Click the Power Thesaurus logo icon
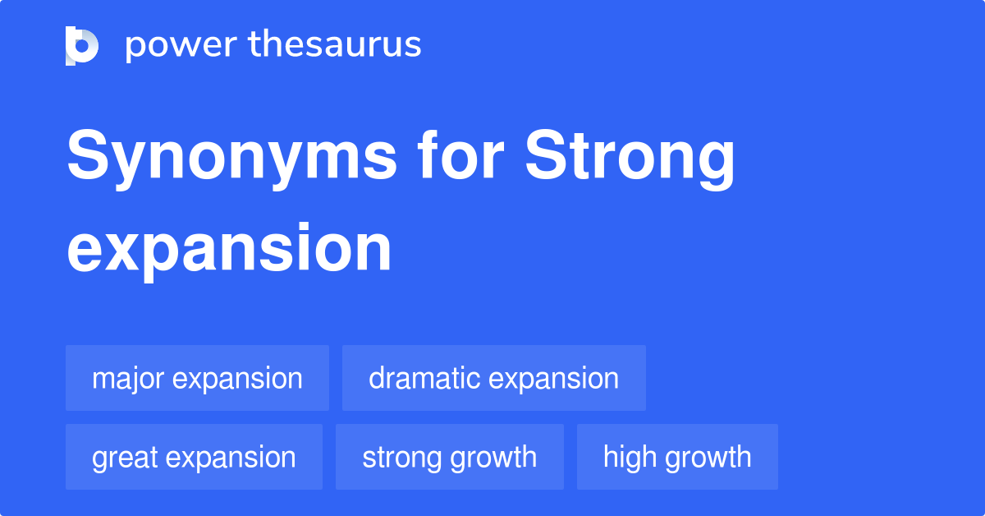[x=82, y=45]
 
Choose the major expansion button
[x=197, y=378]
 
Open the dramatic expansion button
[x=493, y=378]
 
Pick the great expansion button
[x=194, y=457]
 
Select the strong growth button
[x=449, y=457]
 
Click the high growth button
[x=677, y=457]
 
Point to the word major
[x=129, y=379]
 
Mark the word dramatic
[x=424, y=378]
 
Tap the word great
[x=125, y=458]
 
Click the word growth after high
[x=707, y=458]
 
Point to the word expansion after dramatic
[x=553, y=379]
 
